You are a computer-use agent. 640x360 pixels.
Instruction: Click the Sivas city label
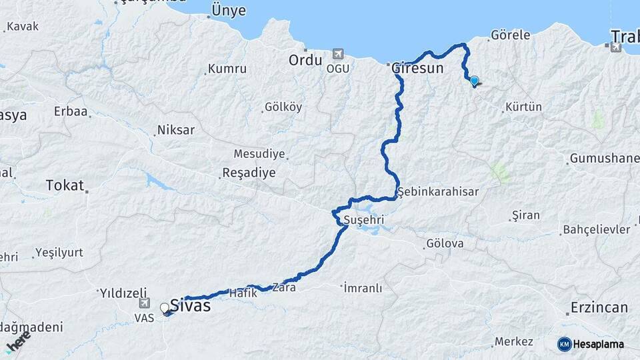pyautogui.click(x=190, y=306)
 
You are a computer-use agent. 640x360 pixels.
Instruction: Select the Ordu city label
pyautogui.click(x=305, y=60)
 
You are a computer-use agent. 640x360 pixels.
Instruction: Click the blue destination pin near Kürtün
pyautogui.click(x=474, y=81)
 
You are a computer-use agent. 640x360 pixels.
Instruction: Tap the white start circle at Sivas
pyautogui.click(x=164, y=307)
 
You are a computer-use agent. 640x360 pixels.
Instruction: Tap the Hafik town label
pyautogui.click(x=243, y=293)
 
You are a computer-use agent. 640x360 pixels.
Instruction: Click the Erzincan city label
pyautogui.click(x=599, y=308)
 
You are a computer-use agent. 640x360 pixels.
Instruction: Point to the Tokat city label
pyautogui.click(x=65, y=185)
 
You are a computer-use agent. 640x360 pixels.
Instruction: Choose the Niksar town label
pyautogui.click(x=176, y=130)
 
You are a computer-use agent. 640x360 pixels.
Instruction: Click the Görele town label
pyautogui.click(x=510, y=35)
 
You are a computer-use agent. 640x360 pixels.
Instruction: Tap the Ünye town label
pyautogui.click(x=228, y=11)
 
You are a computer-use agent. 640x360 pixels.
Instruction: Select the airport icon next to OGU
pyautogui.click(x=338, y=53)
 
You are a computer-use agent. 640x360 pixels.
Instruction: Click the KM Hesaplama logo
pyautogui.click(x=591, y=344)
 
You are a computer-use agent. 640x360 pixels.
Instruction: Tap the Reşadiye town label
pyautogui.click(x=248, y=173)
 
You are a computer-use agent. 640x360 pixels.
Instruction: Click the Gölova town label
pyautogui.click(x=445, y=243)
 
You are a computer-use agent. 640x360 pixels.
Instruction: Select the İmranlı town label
pyautogui.click(x=363, y=288)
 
